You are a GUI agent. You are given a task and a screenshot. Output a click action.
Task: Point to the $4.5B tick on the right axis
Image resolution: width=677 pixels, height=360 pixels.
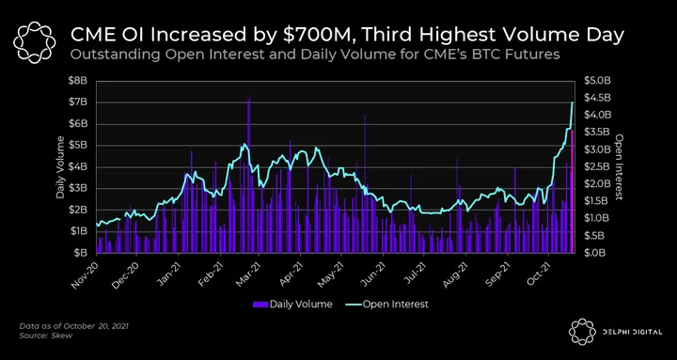click(598, 98)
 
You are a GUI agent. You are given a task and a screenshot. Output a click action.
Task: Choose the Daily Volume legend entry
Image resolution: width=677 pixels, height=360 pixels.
click(292, 305)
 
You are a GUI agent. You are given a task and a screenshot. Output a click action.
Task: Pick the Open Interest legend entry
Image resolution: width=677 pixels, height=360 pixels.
click(386, 305)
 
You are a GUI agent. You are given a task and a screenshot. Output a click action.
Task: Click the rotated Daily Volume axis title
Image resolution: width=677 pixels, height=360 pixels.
click(60, 167)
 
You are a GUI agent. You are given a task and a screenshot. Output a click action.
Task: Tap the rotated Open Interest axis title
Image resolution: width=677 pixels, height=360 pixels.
click(619, 167)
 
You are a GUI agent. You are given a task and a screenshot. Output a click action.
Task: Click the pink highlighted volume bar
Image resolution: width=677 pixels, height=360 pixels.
click(573, 192)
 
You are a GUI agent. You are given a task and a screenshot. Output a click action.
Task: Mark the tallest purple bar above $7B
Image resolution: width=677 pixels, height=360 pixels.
click(248, 174)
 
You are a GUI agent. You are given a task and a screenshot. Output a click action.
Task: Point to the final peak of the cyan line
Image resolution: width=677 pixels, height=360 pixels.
click(573, 102)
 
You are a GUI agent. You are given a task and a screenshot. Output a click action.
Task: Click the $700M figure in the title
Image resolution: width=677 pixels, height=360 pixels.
click(308, 36)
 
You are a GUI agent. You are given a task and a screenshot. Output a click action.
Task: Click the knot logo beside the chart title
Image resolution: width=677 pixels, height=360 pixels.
click(35, 41)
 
